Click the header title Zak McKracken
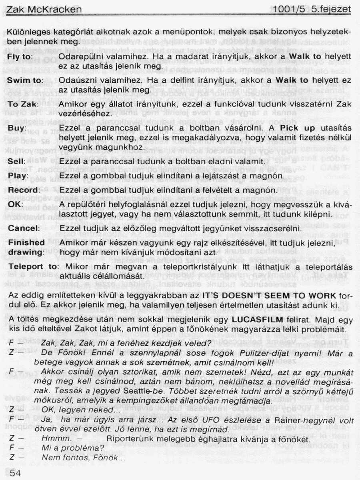pos(44,9)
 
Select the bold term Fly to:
pos(20,57)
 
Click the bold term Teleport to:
pos(33,266)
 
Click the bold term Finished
pos(26,242)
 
